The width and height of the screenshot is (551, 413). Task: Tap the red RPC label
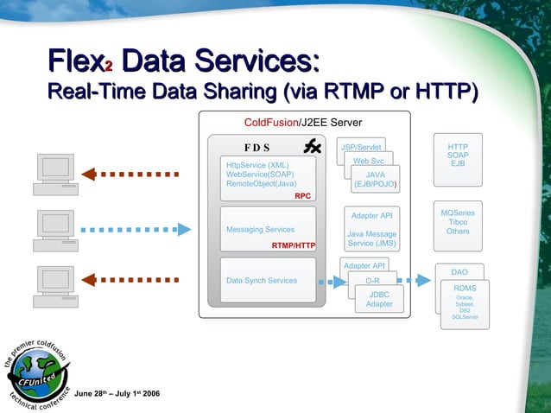pyautogui.click(x=302, y=196)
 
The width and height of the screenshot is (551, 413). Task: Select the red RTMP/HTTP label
pyautogui.click(x=294, y=246)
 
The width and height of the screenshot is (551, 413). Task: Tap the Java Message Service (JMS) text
pyautogui.click(x=371, y=238)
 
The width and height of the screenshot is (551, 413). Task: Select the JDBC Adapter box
pyautogui.click(x=379, y=299)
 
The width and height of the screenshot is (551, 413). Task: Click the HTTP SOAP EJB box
pyautogui.click(x=458, y=156)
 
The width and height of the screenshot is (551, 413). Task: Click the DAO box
pyautogui.click(x=459, y=272)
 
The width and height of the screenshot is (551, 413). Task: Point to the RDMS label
pyautogui.click(x=465, y=288)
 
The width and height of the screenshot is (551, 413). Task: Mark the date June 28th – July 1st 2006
pyautogui.click(x=117, y=394)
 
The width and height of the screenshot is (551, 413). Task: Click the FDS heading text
pyautogui.click(x=256, y=147)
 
